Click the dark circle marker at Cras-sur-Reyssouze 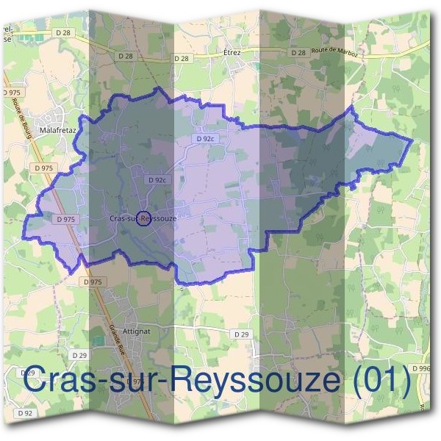(x=144, y=218)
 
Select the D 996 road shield (x=422, y=367)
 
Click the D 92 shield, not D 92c (x=27, y=413)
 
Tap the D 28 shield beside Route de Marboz (x=298, y=53)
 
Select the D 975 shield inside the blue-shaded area (x=66, y=219)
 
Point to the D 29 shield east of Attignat (x=241, y=334)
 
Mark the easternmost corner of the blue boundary (x=412, y=140)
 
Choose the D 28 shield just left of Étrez (x=180, y=58)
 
